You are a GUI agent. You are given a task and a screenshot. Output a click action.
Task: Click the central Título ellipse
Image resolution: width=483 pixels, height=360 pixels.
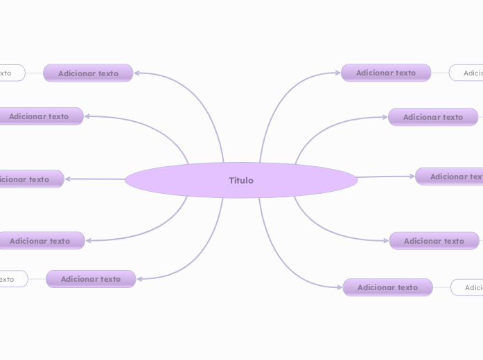click(x=241, y=180)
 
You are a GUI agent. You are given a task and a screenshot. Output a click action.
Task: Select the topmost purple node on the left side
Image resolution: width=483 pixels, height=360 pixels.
click(x=88, y=73)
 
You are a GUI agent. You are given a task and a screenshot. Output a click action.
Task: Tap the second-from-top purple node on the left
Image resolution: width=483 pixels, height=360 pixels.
click(x=39, y=116)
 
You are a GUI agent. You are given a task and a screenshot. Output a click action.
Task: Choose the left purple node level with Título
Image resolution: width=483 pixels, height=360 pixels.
click(x=28, y=179)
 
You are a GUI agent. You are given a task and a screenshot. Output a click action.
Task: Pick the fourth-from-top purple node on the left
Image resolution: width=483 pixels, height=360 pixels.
click(x=40, y=241)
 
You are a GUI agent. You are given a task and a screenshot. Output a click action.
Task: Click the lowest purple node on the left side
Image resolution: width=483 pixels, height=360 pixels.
click(x=91, y=279)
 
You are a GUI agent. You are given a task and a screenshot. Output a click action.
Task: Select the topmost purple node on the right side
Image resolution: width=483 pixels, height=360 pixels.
click(x=386, y=73)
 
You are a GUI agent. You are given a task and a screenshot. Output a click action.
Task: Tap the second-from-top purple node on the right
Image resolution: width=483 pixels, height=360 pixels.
click(x=433, y=117)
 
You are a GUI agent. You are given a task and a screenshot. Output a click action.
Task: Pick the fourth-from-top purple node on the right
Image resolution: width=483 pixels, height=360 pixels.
click(x=434, y=241)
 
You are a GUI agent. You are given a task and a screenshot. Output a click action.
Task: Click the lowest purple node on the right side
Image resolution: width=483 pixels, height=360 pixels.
click(x=387, y=287)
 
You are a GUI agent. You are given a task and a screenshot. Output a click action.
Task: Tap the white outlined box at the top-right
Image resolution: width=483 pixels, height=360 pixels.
click(x=467, y=73)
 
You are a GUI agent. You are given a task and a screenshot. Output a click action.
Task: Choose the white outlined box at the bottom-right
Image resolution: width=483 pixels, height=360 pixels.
click(x=468, y=287)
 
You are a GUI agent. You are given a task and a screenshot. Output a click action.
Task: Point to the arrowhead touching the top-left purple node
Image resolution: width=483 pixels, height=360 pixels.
click(x=137, y=73)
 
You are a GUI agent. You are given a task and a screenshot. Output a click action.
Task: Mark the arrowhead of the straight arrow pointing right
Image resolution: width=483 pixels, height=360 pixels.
click(x=412, y=177)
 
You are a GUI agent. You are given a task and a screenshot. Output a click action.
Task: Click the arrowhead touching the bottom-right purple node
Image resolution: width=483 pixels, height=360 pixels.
click(x=339, y=287)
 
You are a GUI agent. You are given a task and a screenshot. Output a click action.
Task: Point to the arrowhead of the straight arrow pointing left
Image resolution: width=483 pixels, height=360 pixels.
click(x=69, y=179)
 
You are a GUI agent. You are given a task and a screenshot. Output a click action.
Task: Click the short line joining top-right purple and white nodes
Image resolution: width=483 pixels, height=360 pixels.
click(x=440, y=73)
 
